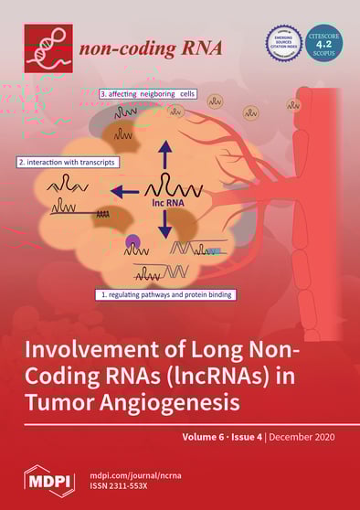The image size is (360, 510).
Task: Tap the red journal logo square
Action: (x=48, y=48)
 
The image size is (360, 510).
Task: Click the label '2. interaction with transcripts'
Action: (x=63, y=162)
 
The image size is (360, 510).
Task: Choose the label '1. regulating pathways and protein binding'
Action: (x=166, y=295)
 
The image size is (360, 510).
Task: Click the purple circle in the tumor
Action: (x=133, y=243)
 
